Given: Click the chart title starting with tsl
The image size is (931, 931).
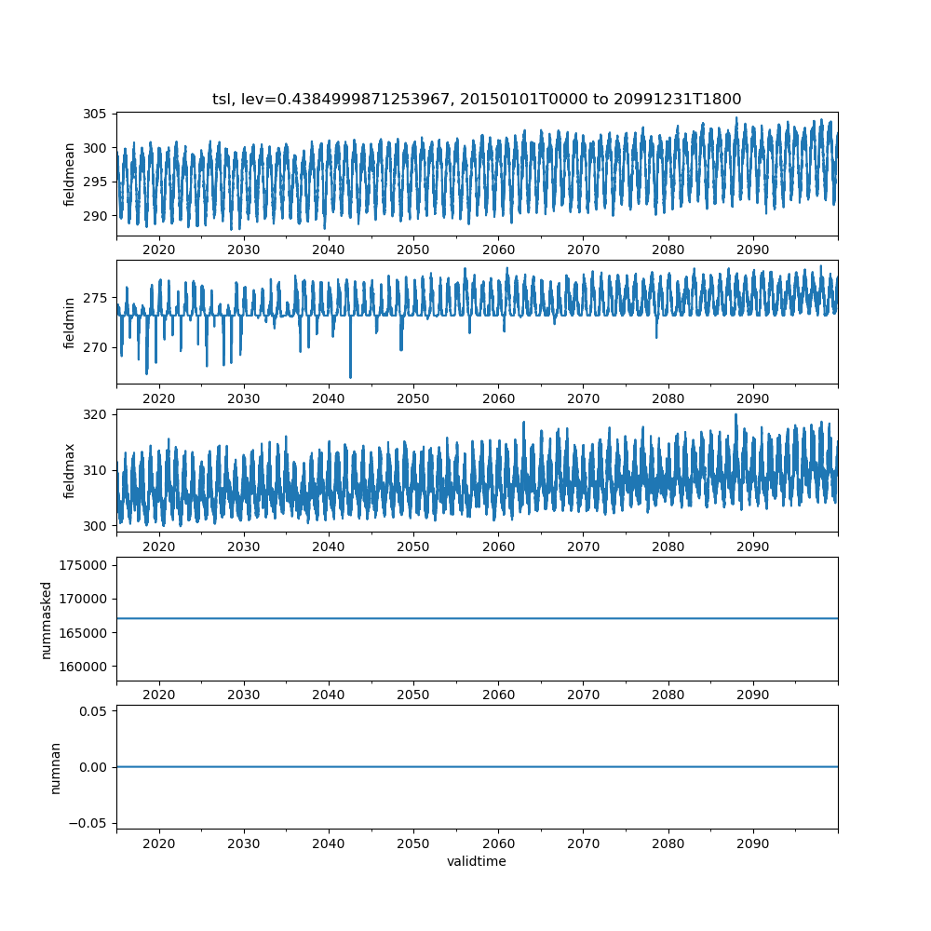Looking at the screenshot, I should pos(477,100).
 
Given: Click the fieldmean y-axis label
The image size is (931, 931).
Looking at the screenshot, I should pos(70,174).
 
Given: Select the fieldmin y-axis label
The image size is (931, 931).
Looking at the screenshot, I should pos(70,322).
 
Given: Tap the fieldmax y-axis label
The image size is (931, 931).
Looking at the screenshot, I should pos(70,470).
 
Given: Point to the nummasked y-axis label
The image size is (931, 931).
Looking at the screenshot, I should pos(47,619).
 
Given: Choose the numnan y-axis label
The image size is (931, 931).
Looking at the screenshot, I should pos(56,767).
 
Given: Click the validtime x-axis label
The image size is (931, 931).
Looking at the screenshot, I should pos(477,862).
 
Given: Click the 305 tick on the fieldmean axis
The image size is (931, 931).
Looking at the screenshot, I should pos(95,115).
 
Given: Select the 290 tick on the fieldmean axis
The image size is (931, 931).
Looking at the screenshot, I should pos(95,216).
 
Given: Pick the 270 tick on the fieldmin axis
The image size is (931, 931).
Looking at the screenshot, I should pos(95,347).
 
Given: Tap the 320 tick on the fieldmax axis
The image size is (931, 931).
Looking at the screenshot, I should pos(95,413).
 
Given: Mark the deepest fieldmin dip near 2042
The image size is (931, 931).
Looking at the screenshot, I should pos(350,377).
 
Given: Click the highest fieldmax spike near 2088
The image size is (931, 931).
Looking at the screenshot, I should pos(735,414).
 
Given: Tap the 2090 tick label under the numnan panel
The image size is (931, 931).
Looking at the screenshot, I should pos(752,843).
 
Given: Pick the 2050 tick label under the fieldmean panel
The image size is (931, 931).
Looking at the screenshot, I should pos(413,250).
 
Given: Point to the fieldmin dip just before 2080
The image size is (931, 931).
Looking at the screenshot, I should pos(656,337).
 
